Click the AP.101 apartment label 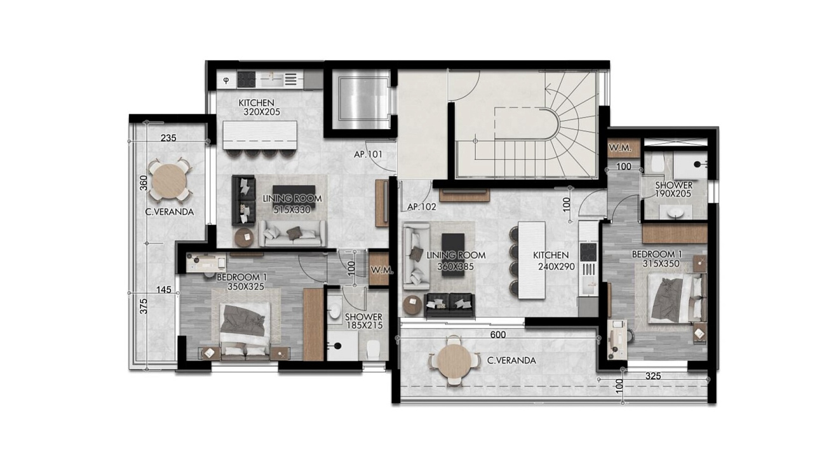pos(368,154)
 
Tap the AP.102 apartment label pos(421,207)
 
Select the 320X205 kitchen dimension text pos(262,112)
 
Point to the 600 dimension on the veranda pos(498,335)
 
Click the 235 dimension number pos(168,138)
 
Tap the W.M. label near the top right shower pos(620,147)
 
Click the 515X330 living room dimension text pos(292,210)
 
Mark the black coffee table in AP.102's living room pos(453,249)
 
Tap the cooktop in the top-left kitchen pos(247,79)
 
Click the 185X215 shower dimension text pos(364,325)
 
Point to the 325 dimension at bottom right pos(653,376)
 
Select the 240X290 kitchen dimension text pos(557,266)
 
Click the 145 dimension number pos(164,289)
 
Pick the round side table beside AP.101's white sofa pos(244,237)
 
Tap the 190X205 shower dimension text pos(673,194)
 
